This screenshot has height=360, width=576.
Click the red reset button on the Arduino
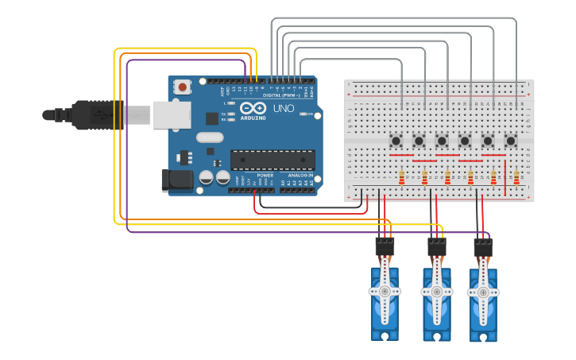(183, 87)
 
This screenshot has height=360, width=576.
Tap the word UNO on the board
(284, 108)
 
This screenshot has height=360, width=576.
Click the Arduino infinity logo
(253, 108)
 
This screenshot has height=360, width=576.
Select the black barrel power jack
(176, 180)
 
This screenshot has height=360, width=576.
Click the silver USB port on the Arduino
(172, 114)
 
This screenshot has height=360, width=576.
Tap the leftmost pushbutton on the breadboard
(396, 141)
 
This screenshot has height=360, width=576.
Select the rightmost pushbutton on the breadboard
(511, 141)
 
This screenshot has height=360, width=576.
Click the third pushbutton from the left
(442, 141)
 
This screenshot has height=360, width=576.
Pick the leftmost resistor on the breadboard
(401, 177)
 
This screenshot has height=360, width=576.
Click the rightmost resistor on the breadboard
(516, 177)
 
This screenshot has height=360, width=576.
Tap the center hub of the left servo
(385, 292)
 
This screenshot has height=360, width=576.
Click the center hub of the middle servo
(436, 292)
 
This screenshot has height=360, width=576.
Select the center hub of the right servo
(483, 292)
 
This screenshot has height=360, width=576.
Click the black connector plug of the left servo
(385, 247)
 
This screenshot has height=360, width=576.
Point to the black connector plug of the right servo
(483, 248)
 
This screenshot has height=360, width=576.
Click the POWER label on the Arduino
(265, 175)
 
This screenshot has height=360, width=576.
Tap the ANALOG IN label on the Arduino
(300, 175)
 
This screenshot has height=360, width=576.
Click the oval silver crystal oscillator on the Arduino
(210, 137)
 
